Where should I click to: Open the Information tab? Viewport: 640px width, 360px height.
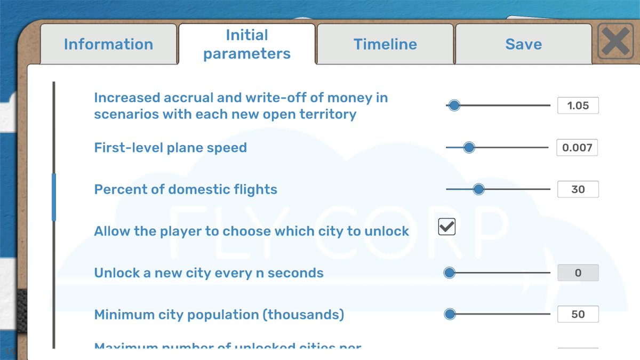coord(108,44)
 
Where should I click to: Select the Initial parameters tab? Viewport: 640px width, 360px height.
coord(247,44)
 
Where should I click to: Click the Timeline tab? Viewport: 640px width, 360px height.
coord(385,44)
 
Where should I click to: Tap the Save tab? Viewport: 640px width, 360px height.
coord(523,44)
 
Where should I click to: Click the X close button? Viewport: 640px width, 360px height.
coord(615,41)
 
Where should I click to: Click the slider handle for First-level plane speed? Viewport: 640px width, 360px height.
coord(469,147)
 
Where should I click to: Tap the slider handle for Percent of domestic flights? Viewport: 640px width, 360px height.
coord(478,189)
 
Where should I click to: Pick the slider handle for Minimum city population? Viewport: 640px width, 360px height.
coord(450,314)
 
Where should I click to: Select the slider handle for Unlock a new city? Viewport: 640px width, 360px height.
coord(450,273)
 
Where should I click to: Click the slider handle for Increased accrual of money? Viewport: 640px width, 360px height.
coord(454,106)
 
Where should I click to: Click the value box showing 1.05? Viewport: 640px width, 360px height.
coord(578,106)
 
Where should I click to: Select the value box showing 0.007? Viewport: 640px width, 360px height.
coord(577,147)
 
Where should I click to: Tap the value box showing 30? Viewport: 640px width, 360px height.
coord(578,189)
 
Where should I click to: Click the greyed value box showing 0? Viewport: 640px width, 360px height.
coord(578,273)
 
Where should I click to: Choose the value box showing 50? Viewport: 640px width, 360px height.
coord(578,314)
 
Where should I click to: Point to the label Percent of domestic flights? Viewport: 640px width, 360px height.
coord(186,189)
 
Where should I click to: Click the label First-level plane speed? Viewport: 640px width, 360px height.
coord(170,148)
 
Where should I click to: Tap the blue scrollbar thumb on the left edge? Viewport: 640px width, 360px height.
coord(53,197)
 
